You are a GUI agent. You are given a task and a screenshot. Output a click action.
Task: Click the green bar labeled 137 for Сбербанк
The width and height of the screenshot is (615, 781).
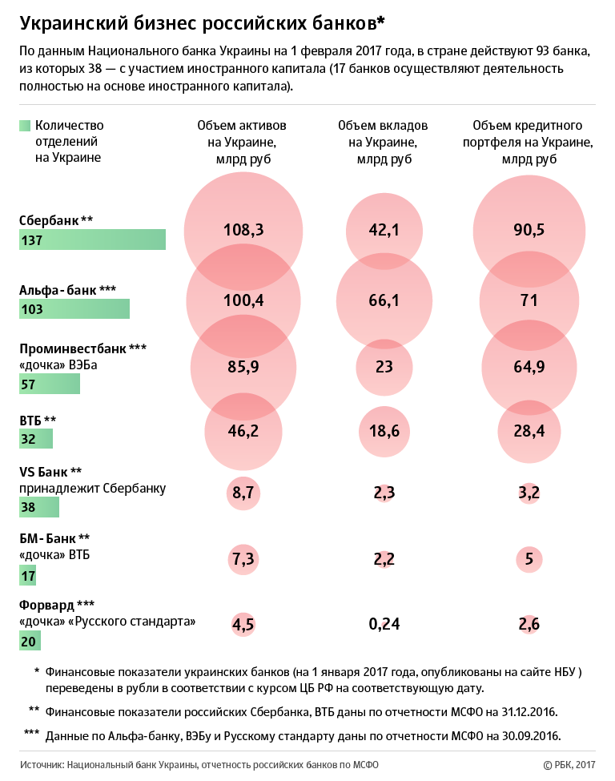click(92, 240)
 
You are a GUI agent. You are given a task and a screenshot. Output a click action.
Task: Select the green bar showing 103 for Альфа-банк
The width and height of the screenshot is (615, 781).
click(74, 309)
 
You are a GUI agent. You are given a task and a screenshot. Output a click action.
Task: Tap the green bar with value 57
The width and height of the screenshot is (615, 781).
click(50, 384)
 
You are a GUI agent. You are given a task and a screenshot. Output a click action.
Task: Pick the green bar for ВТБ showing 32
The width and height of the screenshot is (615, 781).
click(36, 439)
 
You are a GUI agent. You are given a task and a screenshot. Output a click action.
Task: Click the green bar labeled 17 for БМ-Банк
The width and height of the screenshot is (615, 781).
click(28, 574)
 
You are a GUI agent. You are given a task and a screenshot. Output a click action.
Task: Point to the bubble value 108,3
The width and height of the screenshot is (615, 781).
click(243, 231)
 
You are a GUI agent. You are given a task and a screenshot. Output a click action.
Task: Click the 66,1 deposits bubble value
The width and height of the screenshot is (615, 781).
click(384, 300)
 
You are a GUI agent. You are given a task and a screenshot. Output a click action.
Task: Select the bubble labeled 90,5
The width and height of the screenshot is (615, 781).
click(529, 231)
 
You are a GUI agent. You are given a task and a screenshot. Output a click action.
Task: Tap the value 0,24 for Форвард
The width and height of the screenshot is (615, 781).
click(384, 624)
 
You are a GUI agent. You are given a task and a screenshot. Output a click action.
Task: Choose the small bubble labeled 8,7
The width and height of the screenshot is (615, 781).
click(243, 493)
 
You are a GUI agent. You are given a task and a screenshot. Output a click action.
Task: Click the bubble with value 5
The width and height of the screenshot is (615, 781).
click(529, 559)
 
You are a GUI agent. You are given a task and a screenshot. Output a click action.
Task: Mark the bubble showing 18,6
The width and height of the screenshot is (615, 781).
click(384, 431)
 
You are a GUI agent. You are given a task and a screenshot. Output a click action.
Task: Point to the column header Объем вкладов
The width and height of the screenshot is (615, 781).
click(384, 126)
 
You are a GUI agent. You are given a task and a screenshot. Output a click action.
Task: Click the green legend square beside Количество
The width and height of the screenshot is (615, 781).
click(24, 126)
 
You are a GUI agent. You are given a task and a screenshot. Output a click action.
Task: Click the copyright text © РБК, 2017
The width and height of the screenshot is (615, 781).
click(569, 765)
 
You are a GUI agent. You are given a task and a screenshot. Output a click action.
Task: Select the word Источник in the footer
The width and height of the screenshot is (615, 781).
click(41, 765)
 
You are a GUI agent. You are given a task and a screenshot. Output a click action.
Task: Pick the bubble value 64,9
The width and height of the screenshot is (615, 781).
click(529, 366)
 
